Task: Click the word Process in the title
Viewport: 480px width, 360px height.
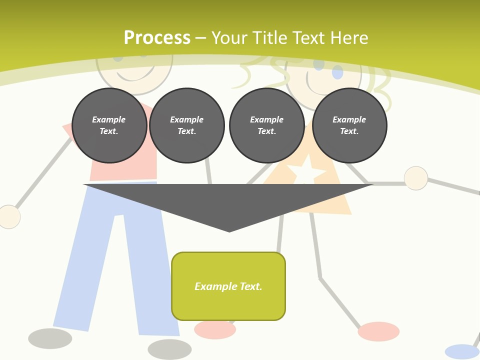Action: (x=157, y=38)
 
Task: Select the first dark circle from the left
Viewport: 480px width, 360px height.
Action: (x=109, y=125)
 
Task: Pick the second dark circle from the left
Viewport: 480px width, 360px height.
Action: (x=187, y=125)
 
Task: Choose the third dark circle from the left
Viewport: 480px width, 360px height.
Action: (x=267, y=125)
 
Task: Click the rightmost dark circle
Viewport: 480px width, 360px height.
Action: (x=349, y=125)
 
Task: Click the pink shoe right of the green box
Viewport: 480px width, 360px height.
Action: (x=378, y=331)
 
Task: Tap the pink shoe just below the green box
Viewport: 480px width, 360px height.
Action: (x=215, y=330)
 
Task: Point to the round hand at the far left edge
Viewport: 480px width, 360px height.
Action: (x=8, y=217)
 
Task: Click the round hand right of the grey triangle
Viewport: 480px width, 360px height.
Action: (x=415, y=178)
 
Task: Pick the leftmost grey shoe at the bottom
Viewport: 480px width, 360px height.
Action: (x=50, y=338)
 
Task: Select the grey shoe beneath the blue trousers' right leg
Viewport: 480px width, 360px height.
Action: (x=169, y=349)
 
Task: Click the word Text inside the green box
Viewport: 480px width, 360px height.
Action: (x=250, y=286)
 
